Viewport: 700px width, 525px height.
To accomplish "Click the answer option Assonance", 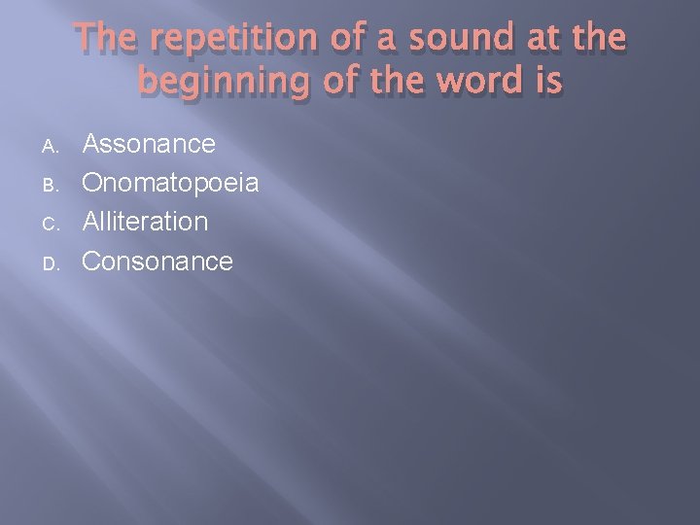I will point(149,144).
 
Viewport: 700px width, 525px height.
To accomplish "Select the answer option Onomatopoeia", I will point(170,184).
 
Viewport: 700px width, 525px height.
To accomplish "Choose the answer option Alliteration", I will point(145,222).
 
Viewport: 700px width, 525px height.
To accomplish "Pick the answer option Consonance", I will point(157,261).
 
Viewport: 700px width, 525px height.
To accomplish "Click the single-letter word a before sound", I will point(388,40).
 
